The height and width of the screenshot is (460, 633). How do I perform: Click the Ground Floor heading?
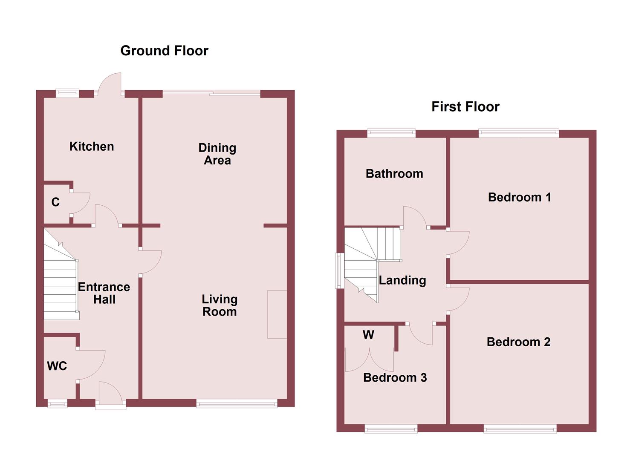[164, 51]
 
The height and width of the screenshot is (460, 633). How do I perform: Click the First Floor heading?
[465, 106]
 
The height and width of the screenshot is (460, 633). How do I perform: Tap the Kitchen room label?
[92, 147]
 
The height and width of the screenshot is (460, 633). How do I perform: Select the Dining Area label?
[217, 154]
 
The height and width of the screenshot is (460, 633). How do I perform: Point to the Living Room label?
[220, 305]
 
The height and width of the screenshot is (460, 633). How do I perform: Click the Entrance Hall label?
[104, 293]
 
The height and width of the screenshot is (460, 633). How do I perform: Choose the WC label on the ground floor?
[57, 366]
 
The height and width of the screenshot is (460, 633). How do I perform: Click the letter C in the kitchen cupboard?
[55, 202]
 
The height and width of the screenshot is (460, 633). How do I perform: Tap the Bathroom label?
[394, 174]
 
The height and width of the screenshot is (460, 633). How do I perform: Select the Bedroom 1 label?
[519, 197]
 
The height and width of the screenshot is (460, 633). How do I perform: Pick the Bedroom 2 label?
[518, 342]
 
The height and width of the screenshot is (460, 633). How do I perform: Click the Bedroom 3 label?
[395, 378]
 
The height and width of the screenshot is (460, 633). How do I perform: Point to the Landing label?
[402, 280]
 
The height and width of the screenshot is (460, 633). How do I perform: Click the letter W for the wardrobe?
[368, 335]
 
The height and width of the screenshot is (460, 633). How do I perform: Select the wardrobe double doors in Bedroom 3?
[369, 360]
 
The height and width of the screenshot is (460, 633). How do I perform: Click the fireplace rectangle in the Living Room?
[277, 314]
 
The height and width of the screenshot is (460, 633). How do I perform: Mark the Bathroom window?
[391, 133]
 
